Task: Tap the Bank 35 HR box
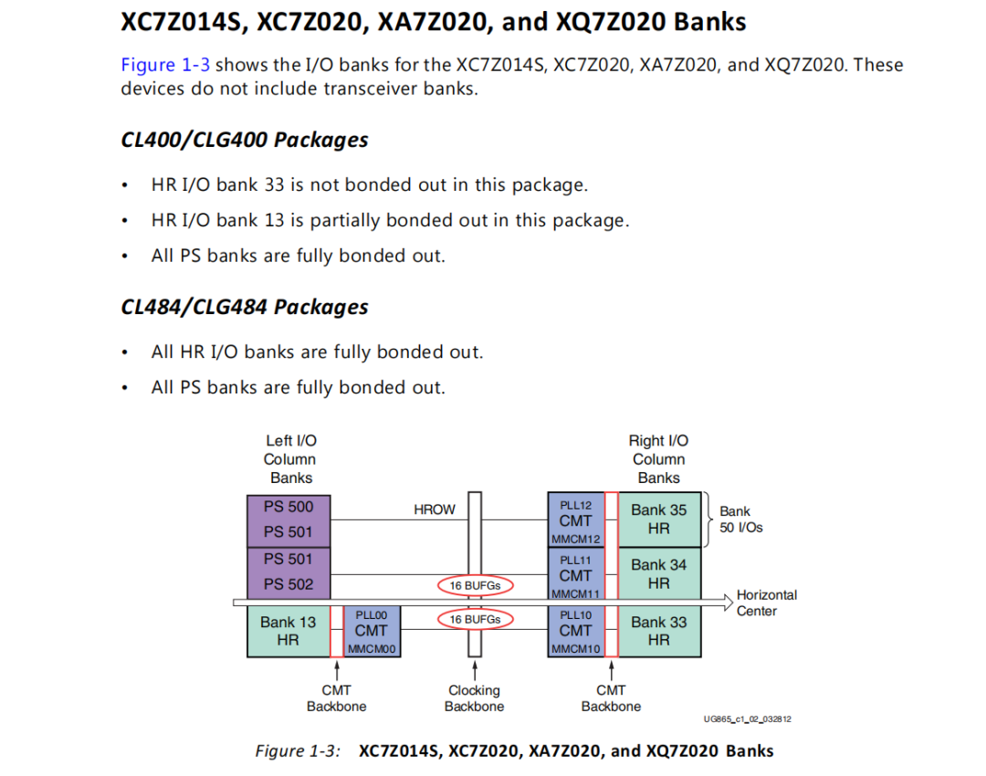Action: pyautogui.click(x=659, y=519)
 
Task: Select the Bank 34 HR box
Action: pyautogui.click(x=659, y=573)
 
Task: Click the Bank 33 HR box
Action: pyautogui.click(x=659, y=630)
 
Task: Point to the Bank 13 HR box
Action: pyautogui.click(x=288, y=630)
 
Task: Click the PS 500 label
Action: pyautogui.click(x=288, y=507)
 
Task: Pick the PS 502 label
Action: pyautogui.click(x=288, y=584)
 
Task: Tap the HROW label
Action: pyautogui.click(x=435, y=509)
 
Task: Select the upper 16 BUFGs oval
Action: pyautogui.click(x=475, y=585)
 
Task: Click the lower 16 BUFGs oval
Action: pyautogui.click(x=475, y=619)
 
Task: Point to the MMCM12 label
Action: pyautogui.click(x=575, y=540)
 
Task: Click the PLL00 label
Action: pyautogui.click(x=371, y=615)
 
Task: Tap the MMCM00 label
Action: pyautogui.click(x=371, y=649)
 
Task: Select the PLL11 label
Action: pyautogui.click(x=575, y=559)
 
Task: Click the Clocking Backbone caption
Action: pyautogui.click(x=474, y=698)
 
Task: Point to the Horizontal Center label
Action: pyautogui.click(x=766, y=603)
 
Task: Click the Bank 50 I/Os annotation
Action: pyautogui.click(x=740, y=519)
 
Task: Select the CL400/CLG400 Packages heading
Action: pyautogui.click(x=244, y=140)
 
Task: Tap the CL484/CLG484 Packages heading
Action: pyautogui.click(x=244, y=307)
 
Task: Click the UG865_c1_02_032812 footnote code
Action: pyautogui.click(x=747, y=719)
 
